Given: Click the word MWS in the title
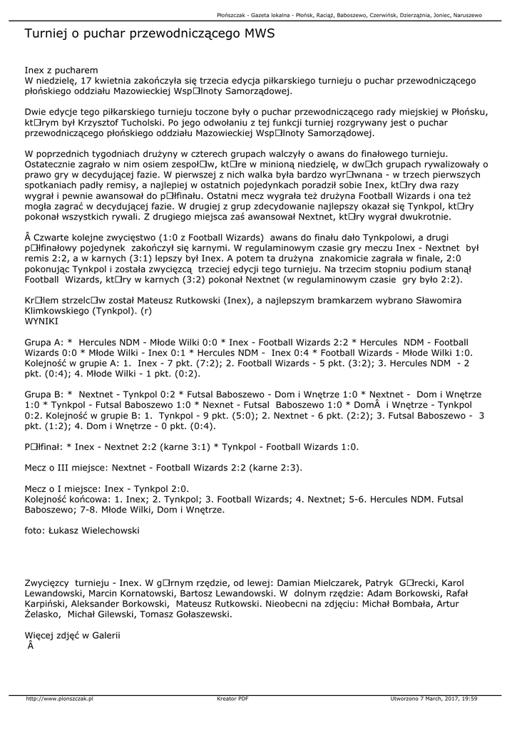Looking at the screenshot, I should [260, 34].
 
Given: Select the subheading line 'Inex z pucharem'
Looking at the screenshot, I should [61, 71].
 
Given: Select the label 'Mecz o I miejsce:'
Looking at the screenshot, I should [63, 489].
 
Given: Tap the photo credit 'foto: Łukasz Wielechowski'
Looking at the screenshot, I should [82, 530].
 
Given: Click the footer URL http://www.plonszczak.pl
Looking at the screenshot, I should [60, 699].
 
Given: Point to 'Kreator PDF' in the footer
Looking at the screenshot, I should [232, 699].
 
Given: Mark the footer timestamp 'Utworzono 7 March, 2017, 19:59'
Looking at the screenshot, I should [434, 699].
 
